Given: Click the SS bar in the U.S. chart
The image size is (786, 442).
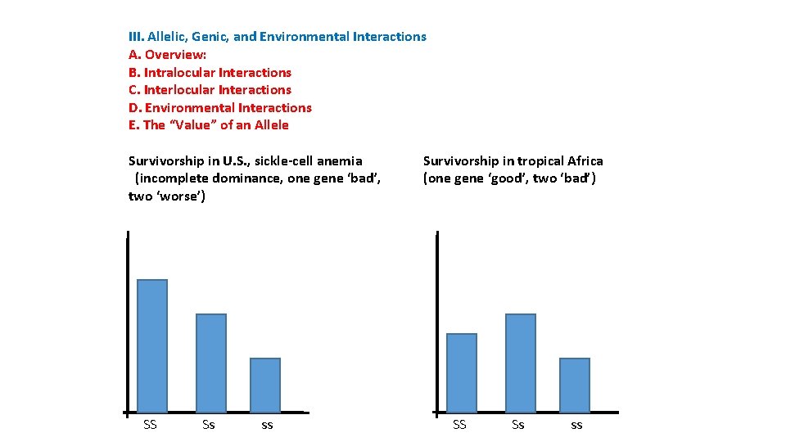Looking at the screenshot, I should tap(152, 345).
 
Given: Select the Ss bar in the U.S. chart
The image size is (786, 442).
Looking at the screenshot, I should tap(211, 363).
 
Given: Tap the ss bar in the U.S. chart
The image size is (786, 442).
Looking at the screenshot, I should tap(265, 385).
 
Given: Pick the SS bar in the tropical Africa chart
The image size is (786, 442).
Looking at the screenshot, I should tap(462, 372).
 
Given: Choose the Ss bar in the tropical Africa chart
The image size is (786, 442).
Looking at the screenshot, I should tap(521, 363).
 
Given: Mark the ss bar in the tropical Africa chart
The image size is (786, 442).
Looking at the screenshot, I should tap(575, 385).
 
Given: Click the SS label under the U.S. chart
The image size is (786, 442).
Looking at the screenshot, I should tap(150, 424).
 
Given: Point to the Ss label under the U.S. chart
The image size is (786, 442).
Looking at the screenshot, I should tap(209, 424).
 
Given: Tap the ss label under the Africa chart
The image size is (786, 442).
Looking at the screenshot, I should tap(576, 425).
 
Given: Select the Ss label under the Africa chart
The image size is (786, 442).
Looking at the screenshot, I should tap(518, 424).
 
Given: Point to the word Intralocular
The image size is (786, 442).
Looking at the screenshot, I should tap(179, 72).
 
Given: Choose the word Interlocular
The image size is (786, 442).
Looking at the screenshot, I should tap(179, 90).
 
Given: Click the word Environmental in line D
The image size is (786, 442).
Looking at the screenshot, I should tap(185, 108).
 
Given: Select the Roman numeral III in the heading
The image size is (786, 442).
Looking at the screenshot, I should tap(136, 37).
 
